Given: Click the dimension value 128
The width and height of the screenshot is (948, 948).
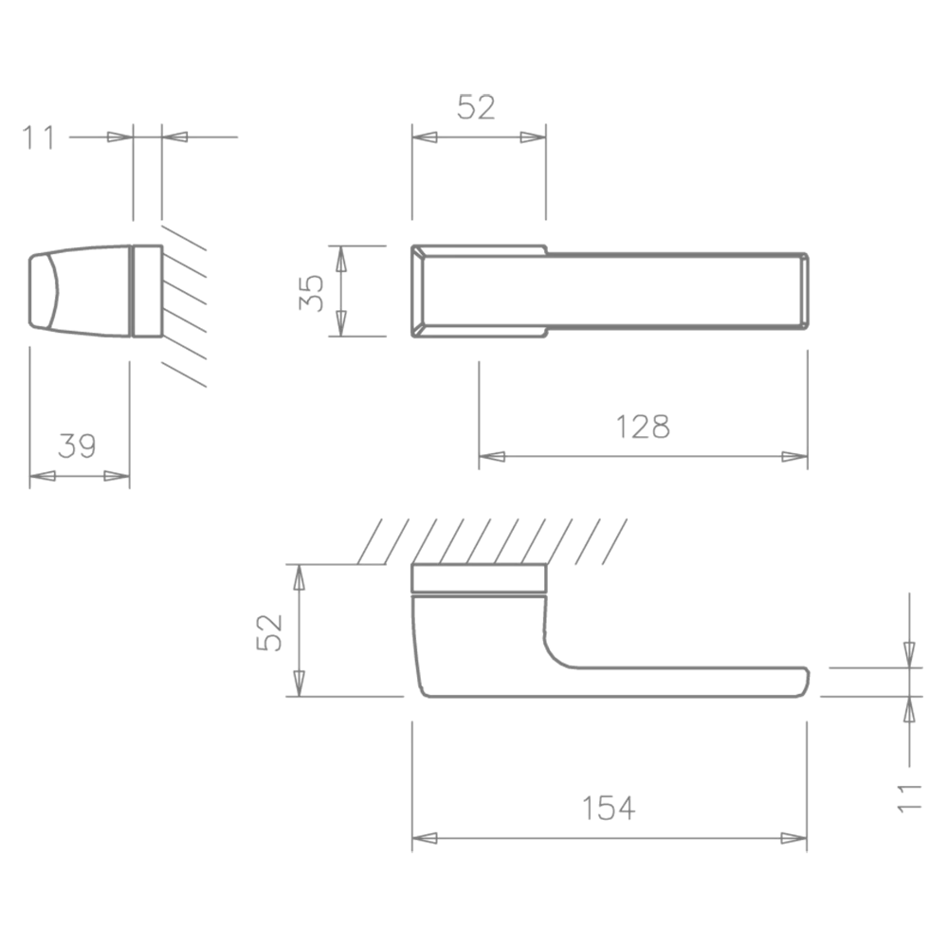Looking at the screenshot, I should [645, 426].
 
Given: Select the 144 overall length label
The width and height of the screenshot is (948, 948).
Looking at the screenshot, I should [607, 809].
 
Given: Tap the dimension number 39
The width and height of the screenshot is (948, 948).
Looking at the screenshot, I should [75, 447].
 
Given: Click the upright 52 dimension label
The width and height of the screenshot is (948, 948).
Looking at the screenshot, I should [478, 107].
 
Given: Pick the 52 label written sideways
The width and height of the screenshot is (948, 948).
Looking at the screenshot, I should [269, 631].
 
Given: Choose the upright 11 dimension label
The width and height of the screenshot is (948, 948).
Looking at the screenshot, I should [38, 137].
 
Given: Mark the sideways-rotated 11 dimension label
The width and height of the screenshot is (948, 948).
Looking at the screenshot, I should [909, 798].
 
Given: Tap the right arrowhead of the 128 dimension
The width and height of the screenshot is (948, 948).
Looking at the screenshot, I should [793, 459].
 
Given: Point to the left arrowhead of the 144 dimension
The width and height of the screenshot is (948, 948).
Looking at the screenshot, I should [427, 838].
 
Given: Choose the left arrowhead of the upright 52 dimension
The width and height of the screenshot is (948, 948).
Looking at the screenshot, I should [426, 137].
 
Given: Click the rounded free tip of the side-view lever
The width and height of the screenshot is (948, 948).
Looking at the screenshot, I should [806, 681].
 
